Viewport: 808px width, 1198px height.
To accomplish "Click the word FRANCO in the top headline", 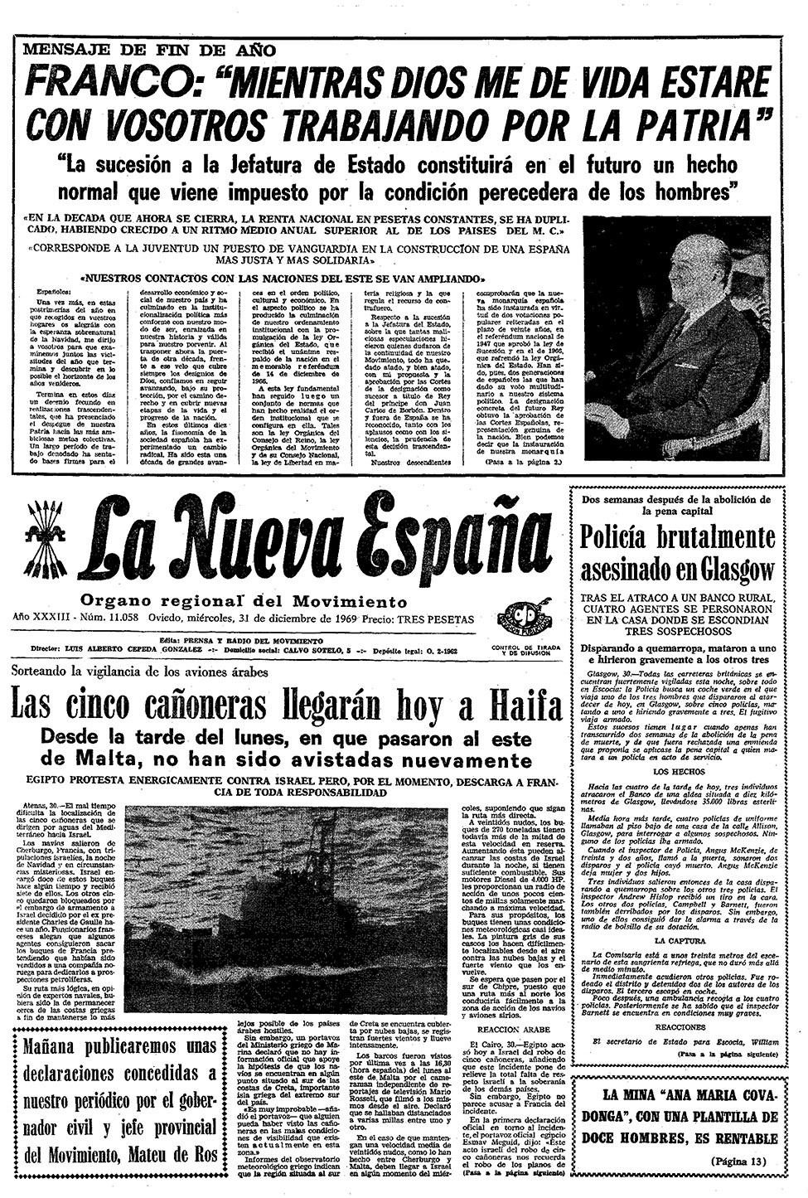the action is tap(106, 84).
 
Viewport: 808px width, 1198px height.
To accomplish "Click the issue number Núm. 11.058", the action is tap(107, 619).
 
